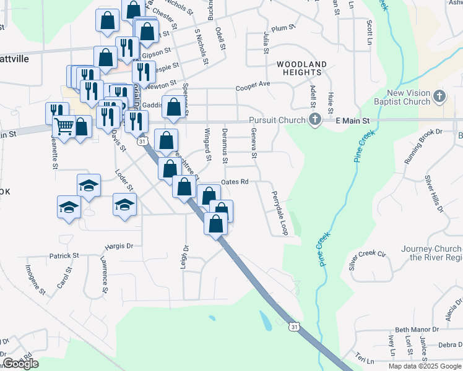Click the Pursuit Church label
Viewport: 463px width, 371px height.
click(x=277, y=120)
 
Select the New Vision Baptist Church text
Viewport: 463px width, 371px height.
click(x=401, y=97)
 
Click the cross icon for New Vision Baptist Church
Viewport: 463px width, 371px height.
click(x=439, y=96)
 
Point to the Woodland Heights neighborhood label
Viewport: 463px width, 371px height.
click(x=301, y=68)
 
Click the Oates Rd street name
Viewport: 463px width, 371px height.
click(x=235, y=182)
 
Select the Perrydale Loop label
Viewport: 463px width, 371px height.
click(x=277, y=213)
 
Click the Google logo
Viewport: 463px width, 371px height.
click(x=20, y=364)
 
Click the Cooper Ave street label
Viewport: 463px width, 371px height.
click(x=253, y=86)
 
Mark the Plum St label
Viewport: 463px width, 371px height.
click(x=282, y=28)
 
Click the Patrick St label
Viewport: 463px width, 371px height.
click(x=64, y=255)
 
